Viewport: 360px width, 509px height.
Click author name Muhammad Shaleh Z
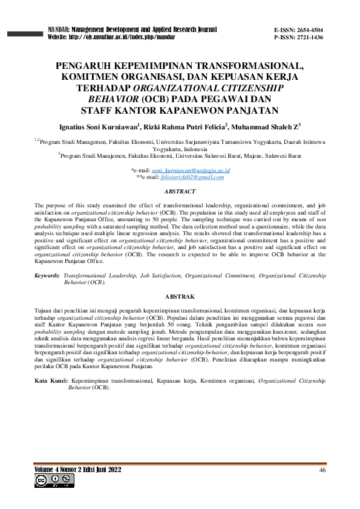(264, 127)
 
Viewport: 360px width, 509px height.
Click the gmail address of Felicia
(192, 178)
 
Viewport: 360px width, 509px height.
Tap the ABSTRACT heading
(180, 192)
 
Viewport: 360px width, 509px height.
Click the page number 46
(322, 470)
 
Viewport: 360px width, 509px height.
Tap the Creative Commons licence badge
(53, 481)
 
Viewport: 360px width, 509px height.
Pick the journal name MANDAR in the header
(59, 29)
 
